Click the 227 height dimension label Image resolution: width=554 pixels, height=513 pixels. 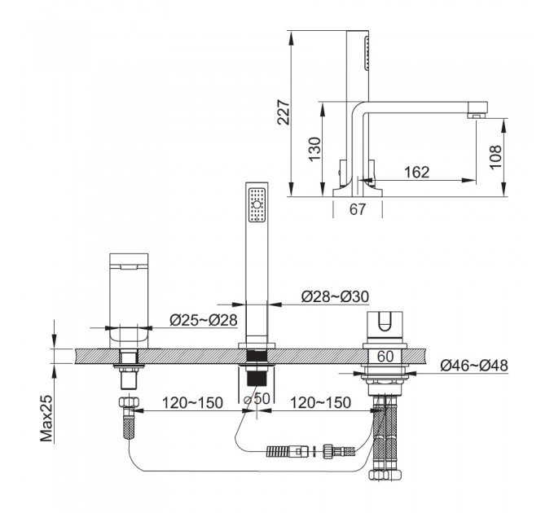(x=284, y=112)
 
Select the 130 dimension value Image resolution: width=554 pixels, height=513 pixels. (x=314, y=149)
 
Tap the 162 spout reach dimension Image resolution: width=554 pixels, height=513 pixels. (x=416, y=172)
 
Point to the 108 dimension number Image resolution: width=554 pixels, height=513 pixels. (x=495, y=157)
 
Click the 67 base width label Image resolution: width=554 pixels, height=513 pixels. (x=357, y=209)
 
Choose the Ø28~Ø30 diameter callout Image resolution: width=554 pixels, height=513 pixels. (x=335, y=296)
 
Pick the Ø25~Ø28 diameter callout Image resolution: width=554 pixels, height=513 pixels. (x=204, y=320)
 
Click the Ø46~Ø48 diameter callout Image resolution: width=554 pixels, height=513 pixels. (x=474, y=366)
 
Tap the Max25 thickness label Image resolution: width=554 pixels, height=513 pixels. (x=46, y=418)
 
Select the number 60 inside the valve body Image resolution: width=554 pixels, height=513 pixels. (x=385, y=356)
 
